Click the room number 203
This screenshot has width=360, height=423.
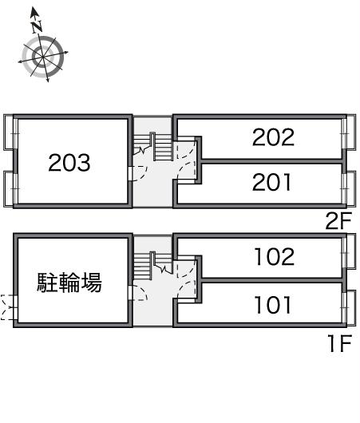tap(69, 163)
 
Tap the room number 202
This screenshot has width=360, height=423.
tap(273, 137)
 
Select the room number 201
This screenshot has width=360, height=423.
tap(271, 182)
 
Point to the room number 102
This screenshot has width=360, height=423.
tap(275, 256)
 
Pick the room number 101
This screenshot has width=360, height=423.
tap(273, 305)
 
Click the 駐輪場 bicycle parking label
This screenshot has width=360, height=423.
tap(69, 283)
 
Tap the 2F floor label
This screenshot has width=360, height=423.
tap(338, 220)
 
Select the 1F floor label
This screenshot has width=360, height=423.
tap(340, 343)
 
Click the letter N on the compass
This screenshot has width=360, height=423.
tap(37, 26)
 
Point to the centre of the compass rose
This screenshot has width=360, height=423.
tap(43, 57)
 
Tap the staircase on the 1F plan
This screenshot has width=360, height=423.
tap(152, 266)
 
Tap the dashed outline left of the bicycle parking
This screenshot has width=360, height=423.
tap(6, 307)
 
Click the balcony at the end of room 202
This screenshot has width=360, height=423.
tap(351, 132)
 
